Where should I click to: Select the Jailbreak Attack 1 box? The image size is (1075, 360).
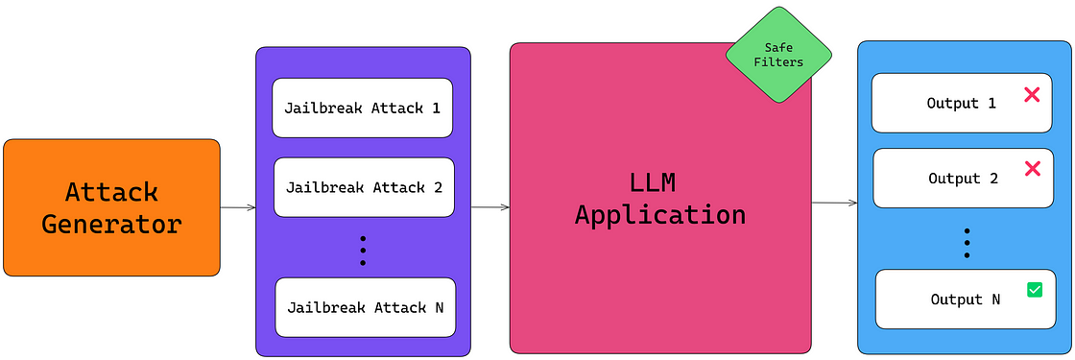point(363,108)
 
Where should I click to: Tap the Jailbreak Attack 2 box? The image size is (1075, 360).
point(364,187)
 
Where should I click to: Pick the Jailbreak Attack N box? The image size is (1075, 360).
point(365,307)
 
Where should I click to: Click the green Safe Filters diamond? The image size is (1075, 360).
point(777,55)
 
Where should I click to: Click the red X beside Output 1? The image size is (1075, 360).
point(1033,95)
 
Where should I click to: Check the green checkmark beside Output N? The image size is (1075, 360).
point(1035,289)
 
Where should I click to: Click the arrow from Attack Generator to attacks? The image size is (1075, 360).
point(238,207)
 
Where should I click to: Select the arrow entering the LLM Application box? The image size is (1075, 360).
point(490,207)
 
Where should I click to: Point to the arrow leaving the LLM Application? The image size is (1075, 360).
point(834,204)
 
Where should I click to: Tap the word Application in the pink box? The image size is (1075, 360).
point(660,214)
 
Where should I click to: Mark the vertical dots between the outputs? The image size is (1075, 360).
point(967,243)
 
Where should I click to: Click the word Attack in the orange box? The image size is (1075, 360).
point(111,192)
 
